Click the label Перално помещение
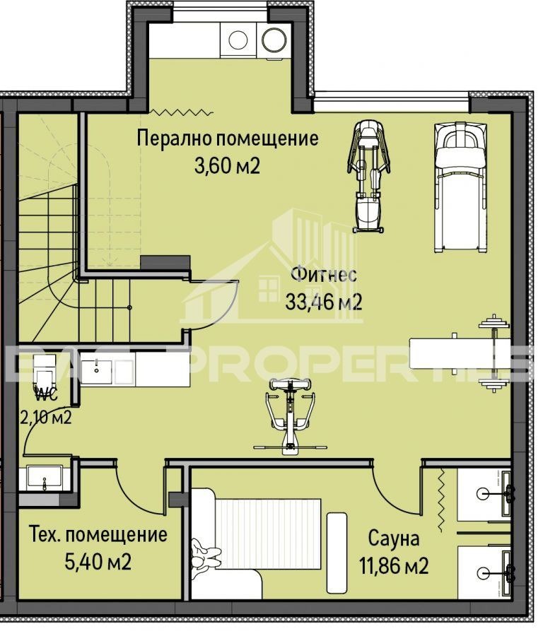[227, 138]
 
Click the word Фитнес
[324, 275]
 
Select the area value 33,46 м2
[324, 302]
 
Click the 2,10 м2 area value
[46, 417]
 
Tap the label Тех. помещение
[98, 534]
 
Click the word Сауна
[393, 539]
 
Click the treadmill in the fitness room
[460, 186]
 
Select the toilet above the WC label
[44, 367]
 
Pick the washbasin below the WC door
[46, 479]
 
